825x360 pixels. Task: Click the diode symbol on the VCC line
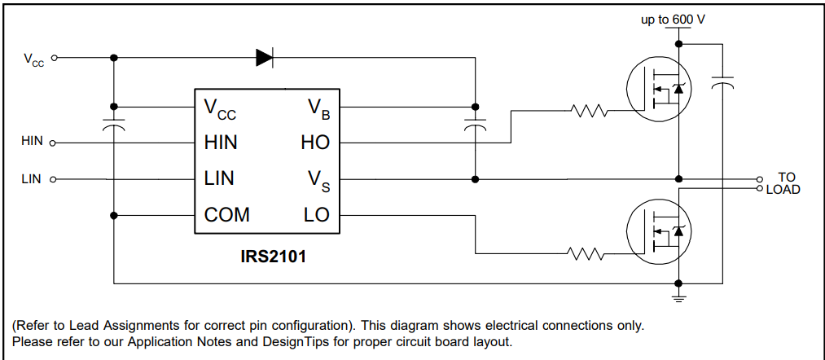coord(264,58)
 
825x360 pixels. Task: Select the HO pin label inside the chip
coord(315,143)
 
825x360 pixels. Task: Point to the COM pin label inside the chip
coord(227,216)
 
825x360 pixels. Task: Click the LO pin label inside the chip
coord(316,216)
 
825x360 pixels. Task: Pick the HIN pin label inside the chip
coord(222,143)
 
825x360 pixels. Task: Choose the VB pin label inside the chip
coord(318,108)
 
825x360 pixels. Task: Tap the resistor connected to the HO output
coord(589,110)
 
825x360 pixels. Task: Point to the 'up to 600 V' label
coord(673,18)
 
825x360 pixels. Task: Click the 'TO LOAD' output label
coord(783,183)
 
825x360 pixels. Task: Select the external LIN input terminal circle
coord(53,179)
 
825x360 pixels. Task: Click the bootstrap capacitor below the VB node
coord(475,125)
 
